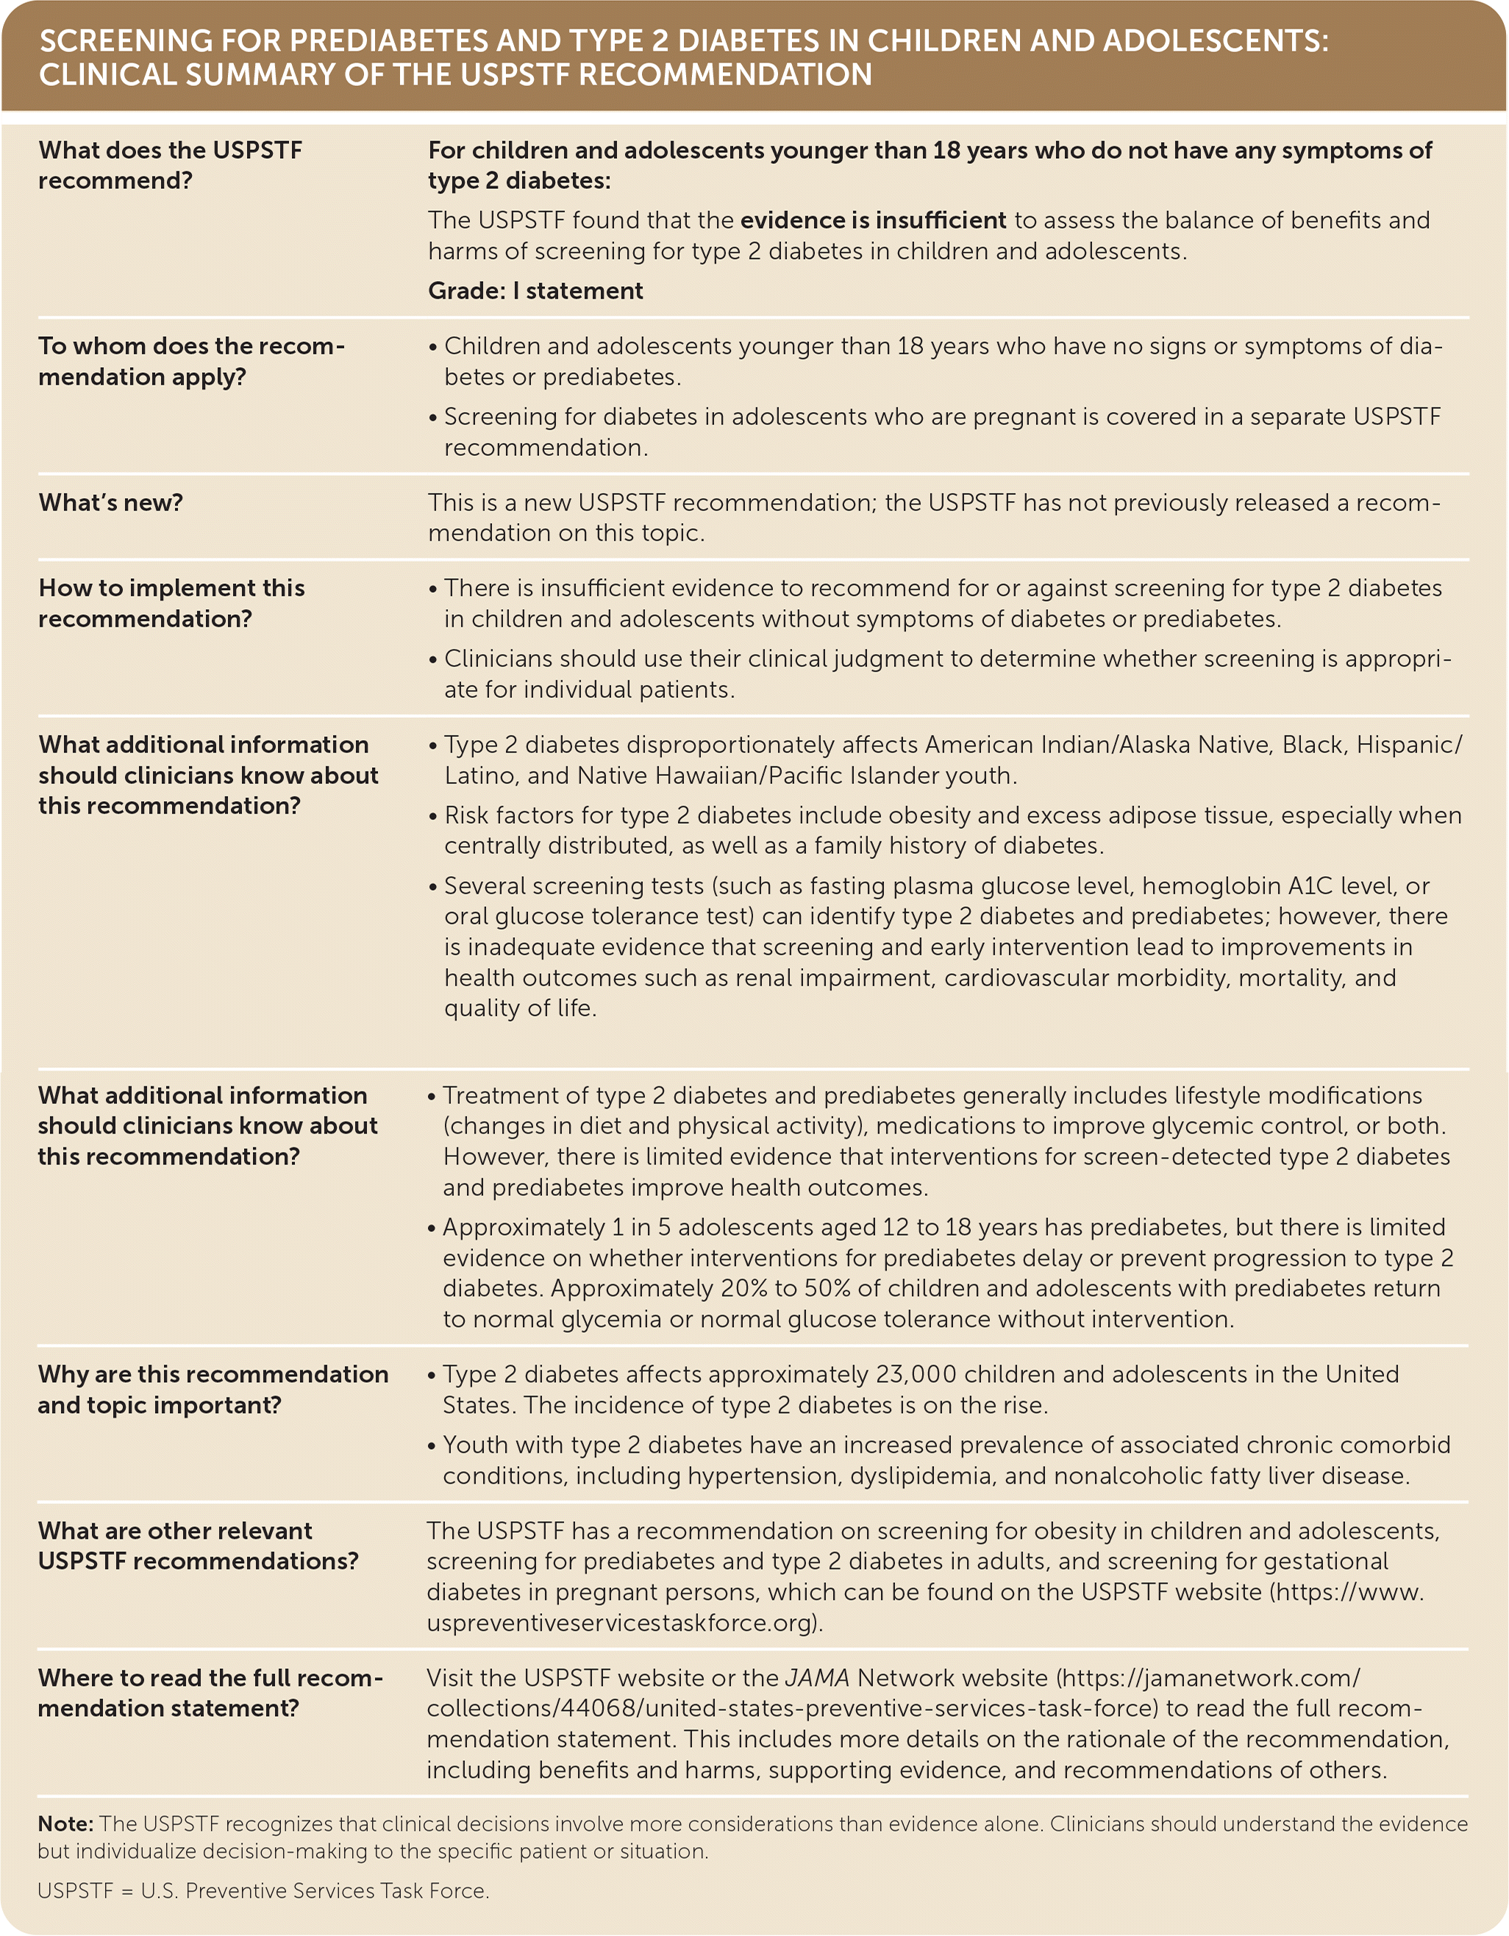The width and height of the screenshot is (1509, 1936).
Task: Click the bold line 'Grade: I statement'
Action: [x=535, y=291]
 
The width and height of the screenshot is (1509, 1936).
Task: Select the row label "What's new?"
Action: [x=111, y=502]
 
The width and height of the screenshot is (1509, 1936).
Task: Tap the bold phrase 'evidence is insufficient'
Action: [x=873, y=220]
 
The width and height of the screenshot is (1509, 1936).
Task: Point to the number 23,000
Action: [x=916, y=1374]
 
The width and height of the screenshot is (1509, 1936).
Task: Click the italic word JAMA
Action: [x=817, y=1678]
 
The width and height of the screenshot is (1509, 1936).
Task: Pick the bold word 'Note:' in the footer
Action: [x=65, y=1823]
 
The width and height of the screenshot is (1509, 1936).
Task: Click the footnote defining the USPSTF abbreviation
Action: [x=263, y=1891]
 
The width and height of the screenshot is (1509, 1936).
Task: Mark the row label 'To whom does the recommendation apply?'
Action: [x=190, y=360]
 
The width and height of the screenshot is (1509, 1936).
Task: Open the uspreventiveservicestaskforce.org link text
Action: [x=624, y=1622]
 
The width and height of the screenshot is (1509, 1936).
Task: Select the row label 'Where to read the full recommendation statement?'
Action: [x=210, y=1693]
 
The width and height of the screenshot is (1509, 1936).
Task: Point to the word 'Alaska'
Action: [x=1155, y=744]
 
